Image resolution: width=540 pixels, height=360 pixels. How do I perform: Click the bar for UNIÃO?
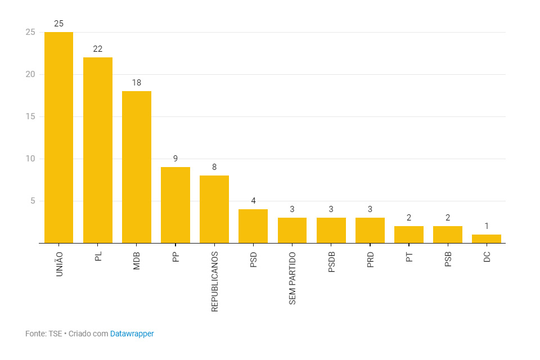[58, 138]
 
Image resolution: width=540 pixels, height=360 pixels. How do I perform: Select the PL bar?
[98, 150]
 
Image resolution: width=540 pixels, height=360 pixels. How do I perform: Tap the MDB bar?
[137, 167]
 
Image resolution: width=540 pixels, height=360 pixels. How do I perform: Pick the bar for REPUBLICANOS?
[214, 209]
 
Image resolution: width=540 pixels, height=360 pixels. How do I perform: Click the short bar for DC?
[487, 239]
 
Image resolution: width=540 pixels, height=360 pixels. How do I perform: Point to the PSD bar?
[253, 226]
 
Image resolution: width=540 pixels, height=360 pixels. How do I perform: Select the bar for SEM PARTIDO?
[292, 231]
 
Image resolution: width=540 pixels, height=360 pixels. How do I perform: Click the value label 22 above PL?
[98, 49]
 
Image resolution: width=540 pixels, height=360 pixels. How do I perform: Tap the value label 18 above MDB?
[137, 83]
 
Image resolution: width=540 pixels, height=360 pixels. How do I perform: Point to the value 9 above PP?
[175, 159]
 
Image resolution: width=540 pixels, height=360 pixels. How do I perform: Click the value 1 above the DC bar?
[487, 226]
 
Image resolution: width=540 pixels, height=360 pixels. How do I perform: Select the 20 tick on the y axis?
[30, 74]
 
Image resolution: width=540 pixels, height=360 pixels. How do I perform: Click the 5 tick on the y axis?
[33, 201]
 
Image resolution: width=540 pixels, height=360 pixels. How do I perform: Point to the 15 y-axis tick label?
[30, 116]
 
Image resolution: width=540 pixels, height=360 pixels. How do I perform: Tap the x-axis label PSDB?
[331, 262]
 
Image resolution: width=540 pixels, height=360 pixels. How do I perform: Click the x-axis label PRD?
[370, 260]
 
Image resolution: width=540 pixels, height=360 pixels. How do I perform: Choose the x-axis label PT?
[409, 257]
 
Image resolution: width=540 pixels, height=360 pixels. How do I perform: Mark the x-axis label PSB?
[448, 259]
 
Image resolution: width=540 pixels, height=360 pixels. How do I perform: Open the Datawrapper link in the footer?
[132, 334]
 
